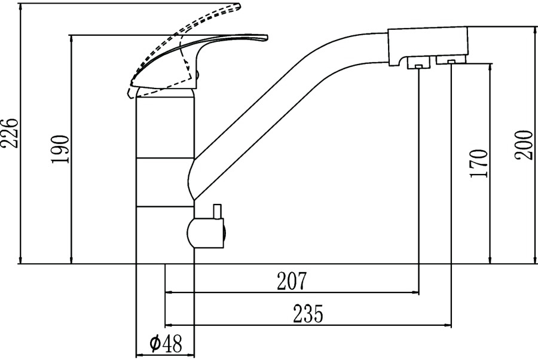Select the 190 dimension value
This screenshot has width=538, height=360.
[60, 150]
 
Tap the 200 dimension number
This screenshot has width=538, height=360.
[524, 145]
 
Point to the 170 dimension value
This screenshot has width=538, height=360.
[479, 163]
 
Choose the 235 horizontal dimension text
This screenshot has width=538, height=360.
[308, 313]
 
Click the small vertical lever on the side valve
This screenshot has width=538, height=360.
[217, 212]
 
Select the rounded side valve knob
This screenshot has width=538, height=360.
[205, 233]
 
